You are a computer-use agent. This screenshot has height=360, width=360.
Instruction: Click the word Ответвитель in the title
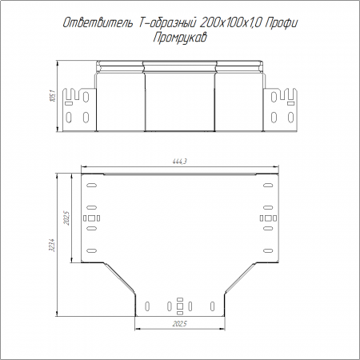[x=98, y=23]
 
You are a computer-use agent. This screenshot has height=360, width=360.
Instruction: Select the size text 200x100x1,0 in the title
[x=231, y=23]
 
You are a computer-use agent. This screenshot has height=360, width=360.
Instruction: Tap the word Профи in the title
[x=282, y=23]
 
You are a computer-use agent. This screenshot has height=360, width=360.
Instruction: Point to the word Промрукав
[x=180, y=38]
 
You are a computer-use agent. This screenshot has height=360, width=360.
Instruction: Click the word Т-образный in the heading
[x=167, y=23]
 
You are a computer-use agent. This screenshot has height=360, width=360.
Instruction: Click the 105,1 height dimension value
[x=52, y=96]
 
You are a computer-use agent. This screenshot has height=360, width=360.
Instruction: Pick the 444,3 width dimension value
[x=180, y=162]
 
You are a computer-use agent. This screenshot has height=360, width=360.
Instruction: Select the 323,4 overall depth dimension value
[x=52, y=246]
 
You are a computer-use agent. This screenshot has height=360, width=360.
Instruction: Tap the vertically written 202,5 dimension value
[x=66, y=218]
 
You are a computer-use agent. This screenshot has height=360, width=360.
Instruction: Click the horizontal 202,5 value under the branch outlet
[x=180, y=324]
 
